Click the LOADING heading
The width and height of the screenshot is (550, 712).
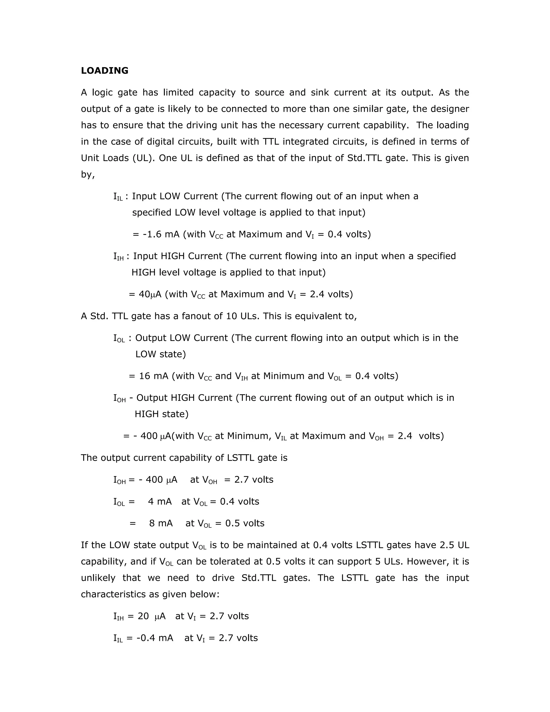pos(104,71)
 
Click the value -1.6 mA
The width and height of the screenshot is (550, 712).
pos(161,234)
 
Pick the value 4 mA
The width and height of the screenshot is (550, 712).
pos(160,502)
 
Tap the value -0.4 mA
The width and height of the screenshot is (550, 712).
pos(155,638)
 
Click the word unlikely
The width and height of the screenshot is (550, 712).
pos(98,578)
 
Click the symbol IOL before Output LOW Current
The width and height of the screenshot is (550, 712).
pos(119,338)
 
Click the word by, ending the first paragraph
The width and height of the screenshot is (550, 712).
pos(88,175)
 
